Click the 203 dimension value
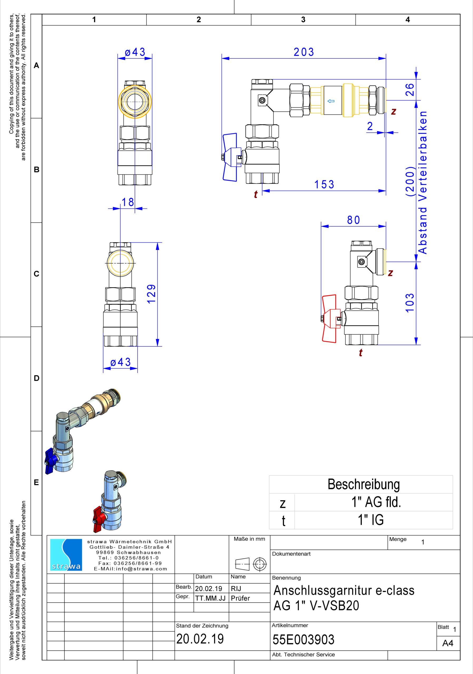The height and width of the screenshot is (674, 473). [304, 52]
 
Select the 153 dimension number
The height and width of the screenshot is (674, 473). [324, 184]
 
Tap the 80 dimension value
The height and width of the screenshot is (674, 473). [353, 220]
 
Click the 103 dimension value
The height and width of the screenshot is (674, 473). [409, 303]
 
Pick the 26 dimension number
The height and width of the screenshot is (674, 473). [409, 90]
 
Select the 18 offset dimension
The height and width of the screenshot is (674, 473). [128, 202]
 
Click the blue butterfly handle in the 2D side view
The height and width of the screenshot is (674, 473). [231, 157]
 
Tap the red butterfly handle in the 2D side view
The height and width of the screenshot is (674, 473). [331, 319]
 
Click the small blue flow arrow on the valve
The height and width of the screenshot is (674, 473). [331, 101]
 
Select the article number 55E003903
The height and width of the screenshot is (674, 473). [304, 639]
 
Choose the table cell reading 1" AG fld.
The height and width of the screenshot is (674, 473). [376, 502]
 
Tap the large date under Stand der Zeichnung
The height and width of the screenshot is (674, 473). [200, 639]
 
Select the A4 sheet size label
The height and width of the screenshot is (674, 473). [448, 643]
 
